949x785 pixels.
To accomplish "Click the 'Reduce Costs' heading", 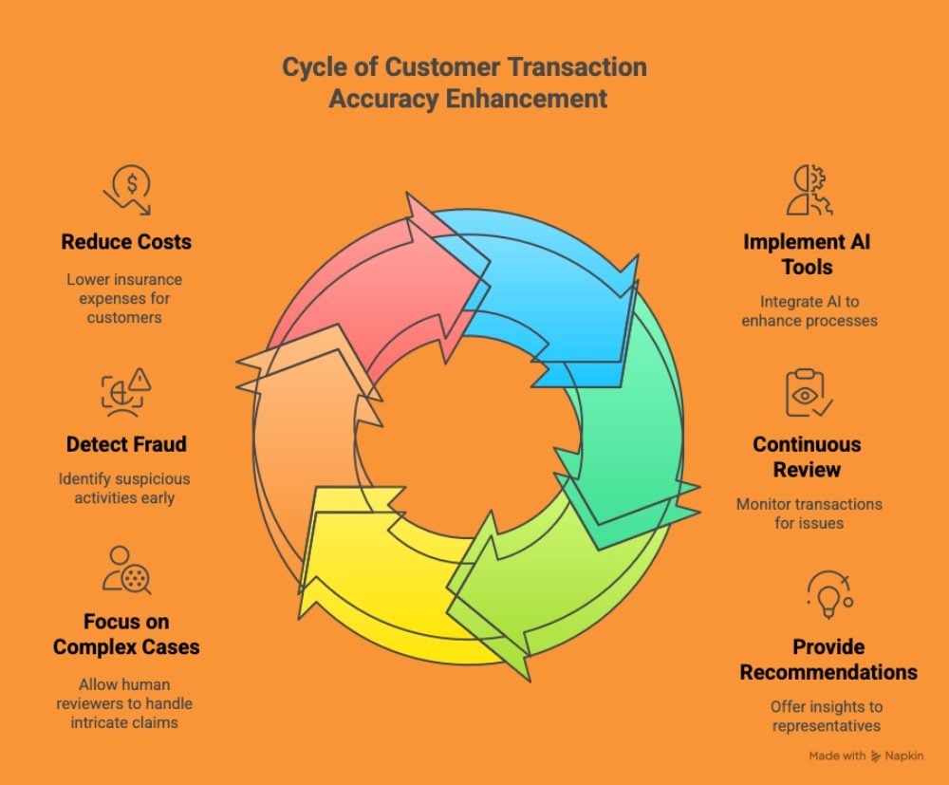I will (126, 241).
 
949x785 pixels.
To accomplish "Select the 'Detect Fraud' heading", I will (126, 443).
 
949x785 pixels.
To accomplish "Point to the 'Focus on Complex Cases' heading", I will (126, 634).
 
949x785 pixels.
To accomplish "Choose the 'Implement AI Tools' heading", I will (807, 253).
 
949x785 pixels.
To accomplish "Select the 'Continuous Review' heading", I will (807, 456).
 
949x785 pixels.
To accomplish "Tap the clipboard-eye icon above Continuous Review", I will (808, 393).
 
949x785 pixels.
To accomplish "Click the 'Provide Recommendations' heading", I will (828, 659).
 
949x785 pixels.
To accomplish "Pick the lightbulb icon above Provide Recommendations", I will (828, 594).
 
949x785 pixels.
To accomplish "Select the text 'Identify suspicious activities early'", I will (124, 488).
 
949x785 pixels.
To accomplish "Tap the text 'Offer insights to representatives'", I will (825, 716).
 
